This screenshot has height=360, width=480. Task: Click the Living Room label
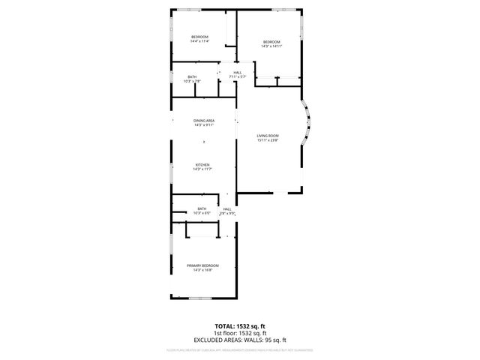pyautogui.click(x=268, y=136)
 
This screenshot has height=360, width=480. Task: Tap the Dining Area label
pyautogui.click(x=204, y=121)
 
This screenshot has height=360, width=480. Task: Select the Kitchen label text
pyautogui.click(x=202, y=165)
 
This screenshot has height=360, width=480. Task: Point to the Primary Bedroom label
pyautogui.click(x=202, y=265)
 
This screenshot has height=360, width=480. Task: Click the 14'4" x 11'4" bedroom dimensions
pyautogui.click(x=199, y=41)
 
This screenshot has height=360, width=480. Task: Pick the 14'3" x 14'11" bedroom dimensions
pyautogui.click(x=271, y=46)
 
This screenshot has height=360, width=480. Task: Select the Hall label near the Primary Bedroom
pyautogui.click(x=227, y=209)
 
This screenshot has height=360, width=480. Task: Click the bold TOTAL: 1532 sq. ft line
pyautogui.click(x=240, y=327)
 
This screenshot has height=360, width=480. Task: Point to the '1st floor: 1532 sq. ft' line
pyautogui.click(x=240, y=333)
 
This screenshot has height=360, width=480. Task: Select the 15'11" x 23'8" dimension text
pyautogui.click(x=268, y=140)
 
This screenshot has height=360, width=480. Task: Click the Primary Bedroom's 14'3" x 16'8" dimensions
pyautogui.click(x=202, y=270)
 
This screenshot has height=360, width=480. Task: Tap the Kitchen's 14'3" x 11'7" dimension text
pyautogui.click(x=202, y=169)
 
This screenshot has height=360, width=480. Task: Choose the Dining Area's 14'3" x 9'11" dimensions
pyautogui.click(x=204, y=125)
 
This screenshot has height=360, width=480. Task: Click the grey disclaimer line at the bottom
pyautogui.click(x=240, y=349)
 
